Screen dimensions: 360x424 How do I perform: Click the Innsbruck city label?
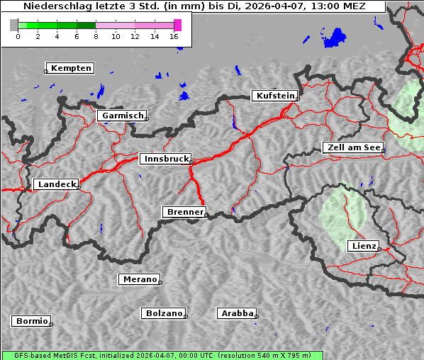click(x=164, y=159)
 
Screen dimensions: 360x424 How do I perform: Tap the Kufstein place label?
click(x=274, y=96)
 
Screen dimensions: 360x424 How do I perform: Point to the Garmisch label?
click(x=123, y=116)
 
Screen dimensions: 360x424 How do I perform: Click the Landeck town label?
click(x=56, y=184)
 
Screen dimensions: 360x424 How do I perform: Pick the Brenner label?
click(x=184, y=212)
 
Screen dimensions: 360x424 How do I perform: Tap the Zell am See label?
click(x=353, y=147)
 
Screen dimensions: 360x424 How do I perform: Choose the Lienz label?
click(x=363, y=246)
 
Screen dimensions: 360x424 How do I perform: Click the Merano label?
click(x=139, y=279)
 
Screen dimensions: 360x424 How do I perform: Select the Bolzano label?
click(x=164, y=313)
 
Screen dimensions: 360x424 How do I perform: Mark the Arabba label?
click(x=237, y=313)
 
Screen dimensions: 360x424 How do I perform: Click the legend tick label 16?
click(x=174, y=36)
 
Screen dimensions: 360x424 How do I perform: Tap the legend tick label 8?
click(x=96, y=36)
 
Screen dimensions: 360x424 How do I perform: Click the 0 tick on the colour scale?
click(x=18, y=36)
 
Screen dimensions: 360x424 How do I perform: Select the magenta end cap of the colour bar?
click(x=177, y=25)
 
